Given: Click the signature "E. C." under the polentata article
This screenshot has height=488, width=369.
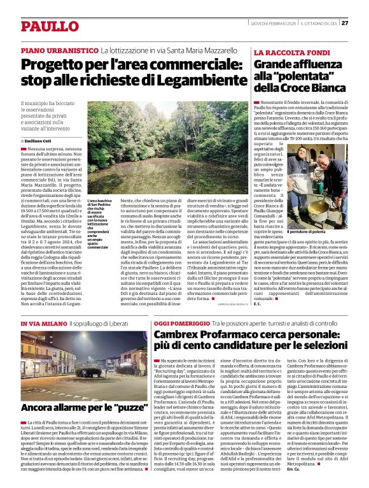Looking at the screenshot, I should pyautogui.click(x=258, y=304).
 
